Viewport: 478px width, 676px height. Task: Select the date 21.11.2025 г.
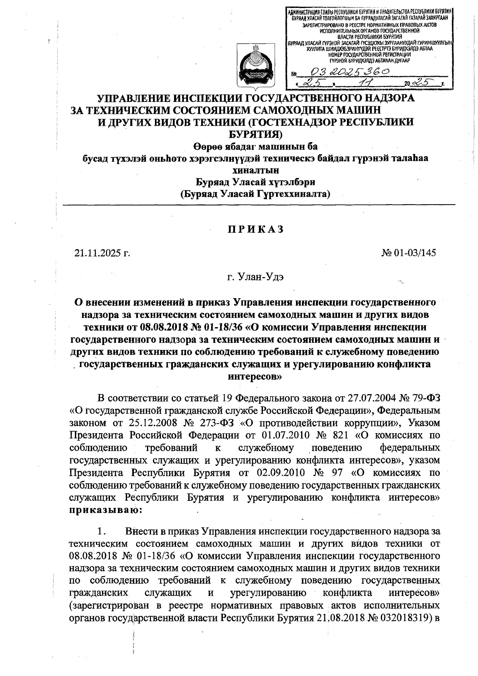click(102, 253)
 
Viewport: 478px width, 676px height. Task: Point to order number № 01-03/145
click(409, 253)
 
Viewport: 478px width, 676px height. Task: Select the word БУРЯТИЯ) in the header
click(255, 134)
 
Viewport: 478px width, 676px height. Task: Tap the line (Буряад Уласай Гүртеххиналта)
click(255, 194)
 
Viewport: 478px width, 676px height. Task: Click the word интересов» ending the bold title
click(255, 376)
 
